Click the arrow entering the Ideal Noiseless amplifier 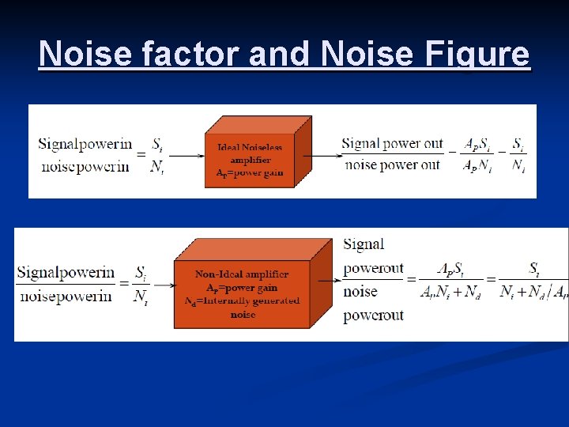point(188,156)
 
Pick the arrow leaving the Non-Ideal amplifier point(329,279)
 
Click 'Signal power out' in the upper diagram point(392,144)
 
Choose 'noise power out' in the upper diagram point(390,164)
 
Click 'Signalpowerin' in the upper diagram point(85,143)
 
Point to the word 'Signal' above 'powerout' point(364,244)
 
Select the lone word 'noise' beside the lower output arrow point(360,291)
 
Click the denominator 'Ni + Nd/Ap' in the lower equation point(534,291)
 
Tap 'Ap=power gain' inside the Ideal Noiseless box point(250,173)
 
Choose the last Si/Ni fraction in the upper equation point(518,155)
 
